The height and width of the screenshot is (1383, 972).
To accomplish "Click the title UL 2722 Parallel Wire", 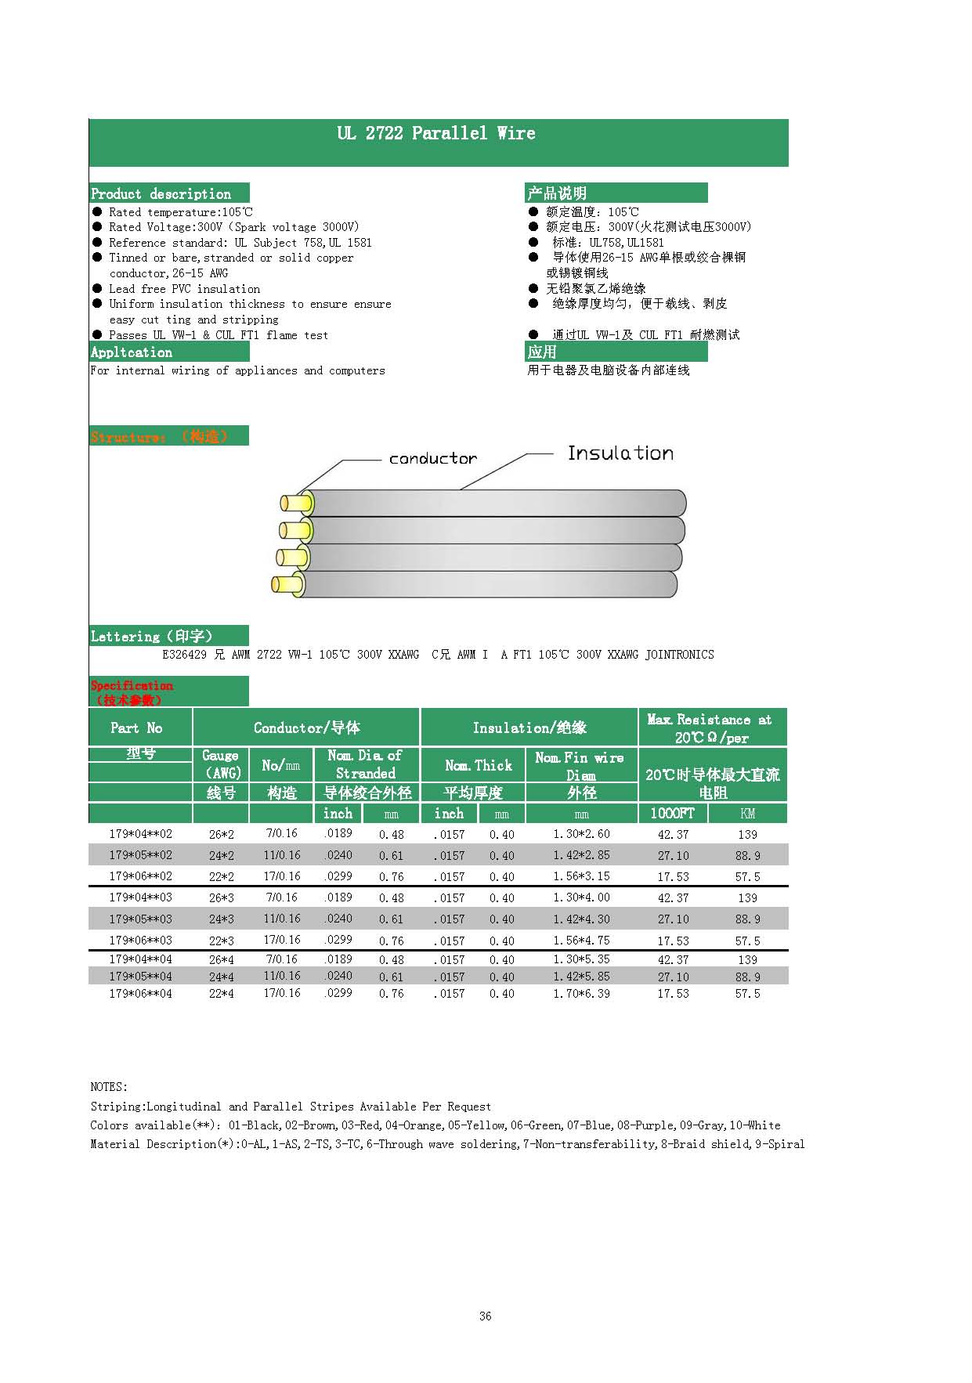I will coord(436,134).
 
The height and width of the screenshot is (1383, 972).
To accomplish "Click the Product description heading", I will coord(161,193).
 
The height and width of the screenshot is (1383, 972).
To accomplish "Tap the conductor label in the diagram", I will coord(432,459).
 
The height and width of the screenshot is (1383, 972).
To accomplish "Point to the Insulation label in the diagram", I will coord(620,453).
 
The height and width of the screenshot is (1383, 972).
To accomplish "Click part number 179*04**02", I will coord(140,834).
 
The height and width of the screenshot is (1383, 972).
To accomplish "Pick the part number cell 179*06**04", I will coord(140,994).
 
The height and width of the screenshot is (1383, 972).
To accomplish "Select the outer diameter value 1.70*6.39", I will coord(581,994).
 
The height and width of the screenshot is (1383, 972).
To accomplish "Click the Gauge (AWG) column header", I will coord(221,764).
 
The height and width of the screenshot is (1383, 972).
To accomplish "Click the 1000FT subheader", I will coord(672,813).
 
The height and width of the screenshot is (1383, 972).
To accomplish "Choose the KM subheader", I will coord(747,814).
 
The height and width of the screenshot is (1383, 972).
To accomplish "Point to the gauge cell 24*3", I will coord(221,919).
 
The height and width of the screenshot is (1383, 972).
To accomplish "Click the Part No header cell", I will coord(137,728).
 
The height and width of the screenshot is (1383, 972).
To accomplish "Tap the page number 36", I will coord(485,1316).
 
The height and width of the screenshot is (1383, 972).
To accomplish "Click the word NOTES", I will coord(108,1087).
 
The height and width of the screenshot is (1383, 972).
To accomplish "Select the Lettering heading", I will coord(151,637).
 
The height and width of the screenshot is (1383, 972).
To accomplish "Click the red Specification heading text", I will coord(132,686).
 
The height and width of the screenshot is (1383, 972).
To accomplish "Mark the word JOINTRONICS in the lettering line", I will coord(679,655).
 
